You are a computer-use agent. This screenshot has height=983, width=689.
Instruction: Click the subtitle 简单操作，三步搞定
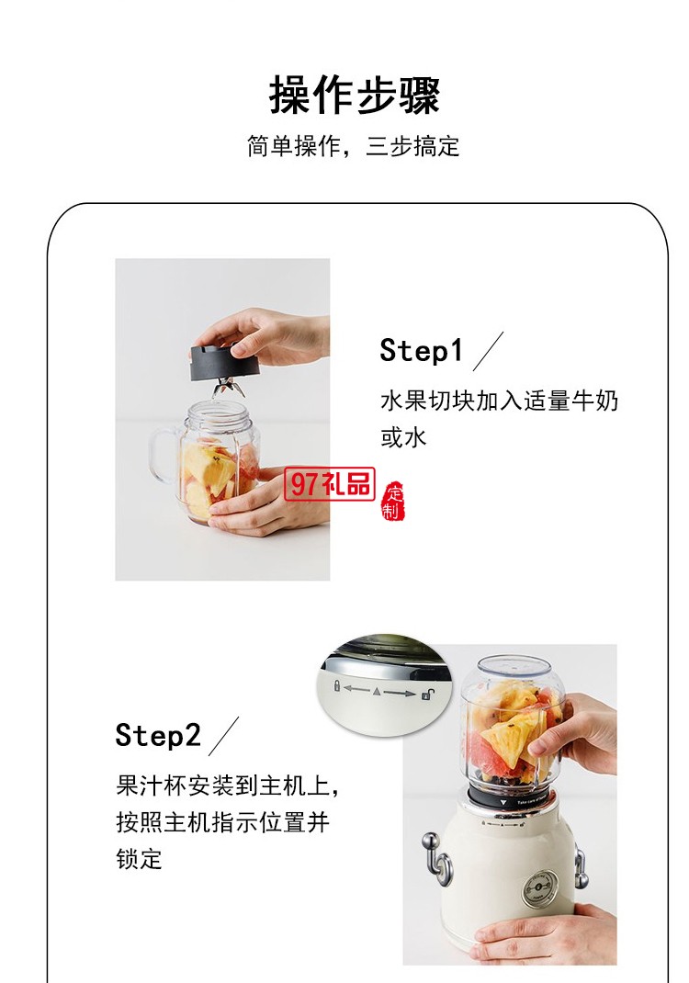tap(353, 147)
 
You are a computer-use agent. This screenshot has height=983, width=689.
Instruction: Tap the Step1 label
tap(422, 350)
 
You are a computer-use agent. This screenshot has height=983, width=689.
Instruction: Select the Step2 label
tap(157, 735)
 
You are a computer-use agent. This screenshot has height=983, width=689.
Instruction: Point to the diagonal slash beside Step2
tap(223, 736)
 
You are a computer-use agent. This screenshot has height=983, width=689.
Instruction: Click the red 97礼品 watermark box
tap(330, 484)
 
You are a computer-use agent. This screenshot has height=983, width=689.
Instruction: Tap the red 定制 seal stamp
tap(393, 501)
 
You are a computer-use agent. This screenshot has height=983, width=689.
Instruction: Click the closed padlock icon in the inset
tap(338, 686)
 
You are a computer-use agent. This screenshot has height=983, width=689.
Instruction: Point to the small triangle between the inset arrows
tap(378, 690)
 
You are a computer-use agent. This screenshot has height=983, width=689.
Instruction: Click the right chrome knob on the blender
tap(580, 864)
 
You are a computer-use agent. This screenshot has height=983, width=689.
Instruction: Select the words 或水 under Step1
tap(404, 437)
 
